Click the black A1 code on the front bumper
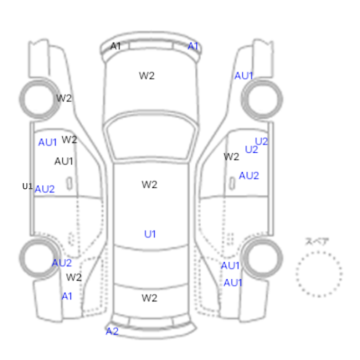pyautogui.click(x=116, y=46)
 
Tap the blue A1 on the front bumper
pyautogui.click(x=193, y=46)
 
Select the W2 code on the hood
pyautogui.click(x=147, y=76)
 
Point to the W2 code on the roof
pyautogui.click(x=150, y=185)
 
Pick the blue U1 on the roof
pyautogui.click(x=150, y=234)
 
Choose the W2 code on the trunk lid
pyautogui.click(x=150, y=298)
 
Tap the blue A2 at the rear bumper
pyautogui.click(x=112, y=331)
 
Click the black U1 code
pyautogui.click(x=27, y=186)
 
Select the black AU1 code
pyautogui.click(x=64, y=161)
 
